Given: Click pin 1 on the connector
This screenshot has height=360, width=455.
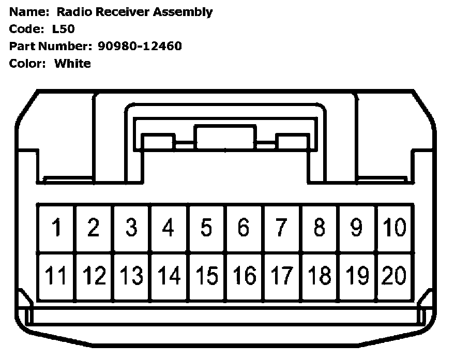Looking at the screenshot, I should tap(56, 228).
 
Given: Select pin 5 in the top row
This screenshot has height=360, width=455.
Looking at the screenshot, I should tap(206, 228).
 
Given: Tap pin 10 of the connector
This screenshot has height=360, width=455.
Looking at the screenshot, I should tap(395, 228).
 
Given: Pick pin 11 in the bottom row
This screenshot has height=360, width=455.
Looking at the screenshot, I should tap(56, 276).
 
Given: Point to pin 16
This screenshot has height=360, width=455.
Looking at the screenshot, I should tap(244, 276).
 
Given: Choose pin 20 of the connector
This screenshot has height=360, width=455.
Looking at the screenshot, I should tap(395, 276).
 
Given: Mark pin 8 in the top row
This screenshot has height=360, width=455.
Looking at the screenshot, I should tap(320, 228).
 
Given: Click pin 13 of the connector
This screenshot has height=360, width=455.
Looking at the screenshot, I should tap(131, 276).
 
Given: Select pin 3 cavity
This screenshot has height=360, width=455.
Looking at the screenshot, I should tap(131, 228).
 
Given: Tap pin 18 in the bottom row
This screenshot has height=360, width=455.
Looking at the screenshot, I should tap(320, 276).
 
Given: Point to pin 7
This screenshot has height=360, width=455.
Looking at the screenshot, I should tap(282, 228).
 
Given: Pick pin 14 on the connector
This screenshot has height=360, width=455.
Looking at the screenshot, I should tap(169, 276).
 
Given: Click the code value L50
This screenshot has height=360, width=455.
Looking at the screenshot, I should tap(64, 29).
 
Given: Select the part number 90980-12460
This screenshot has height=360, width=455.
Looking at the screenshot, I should tap(140, 46).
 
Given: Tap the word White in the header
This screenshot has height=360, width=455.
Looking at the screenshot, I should tap(72, 64).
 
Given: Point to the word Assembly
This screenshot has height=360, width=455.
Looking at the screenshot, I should tap(184, 12).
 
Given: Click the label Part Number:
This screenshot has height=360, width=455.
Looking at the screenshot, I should tap(51, 46).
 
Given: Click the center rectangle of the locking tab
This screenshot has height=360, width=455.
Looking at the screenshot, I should tap(225, 137).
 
